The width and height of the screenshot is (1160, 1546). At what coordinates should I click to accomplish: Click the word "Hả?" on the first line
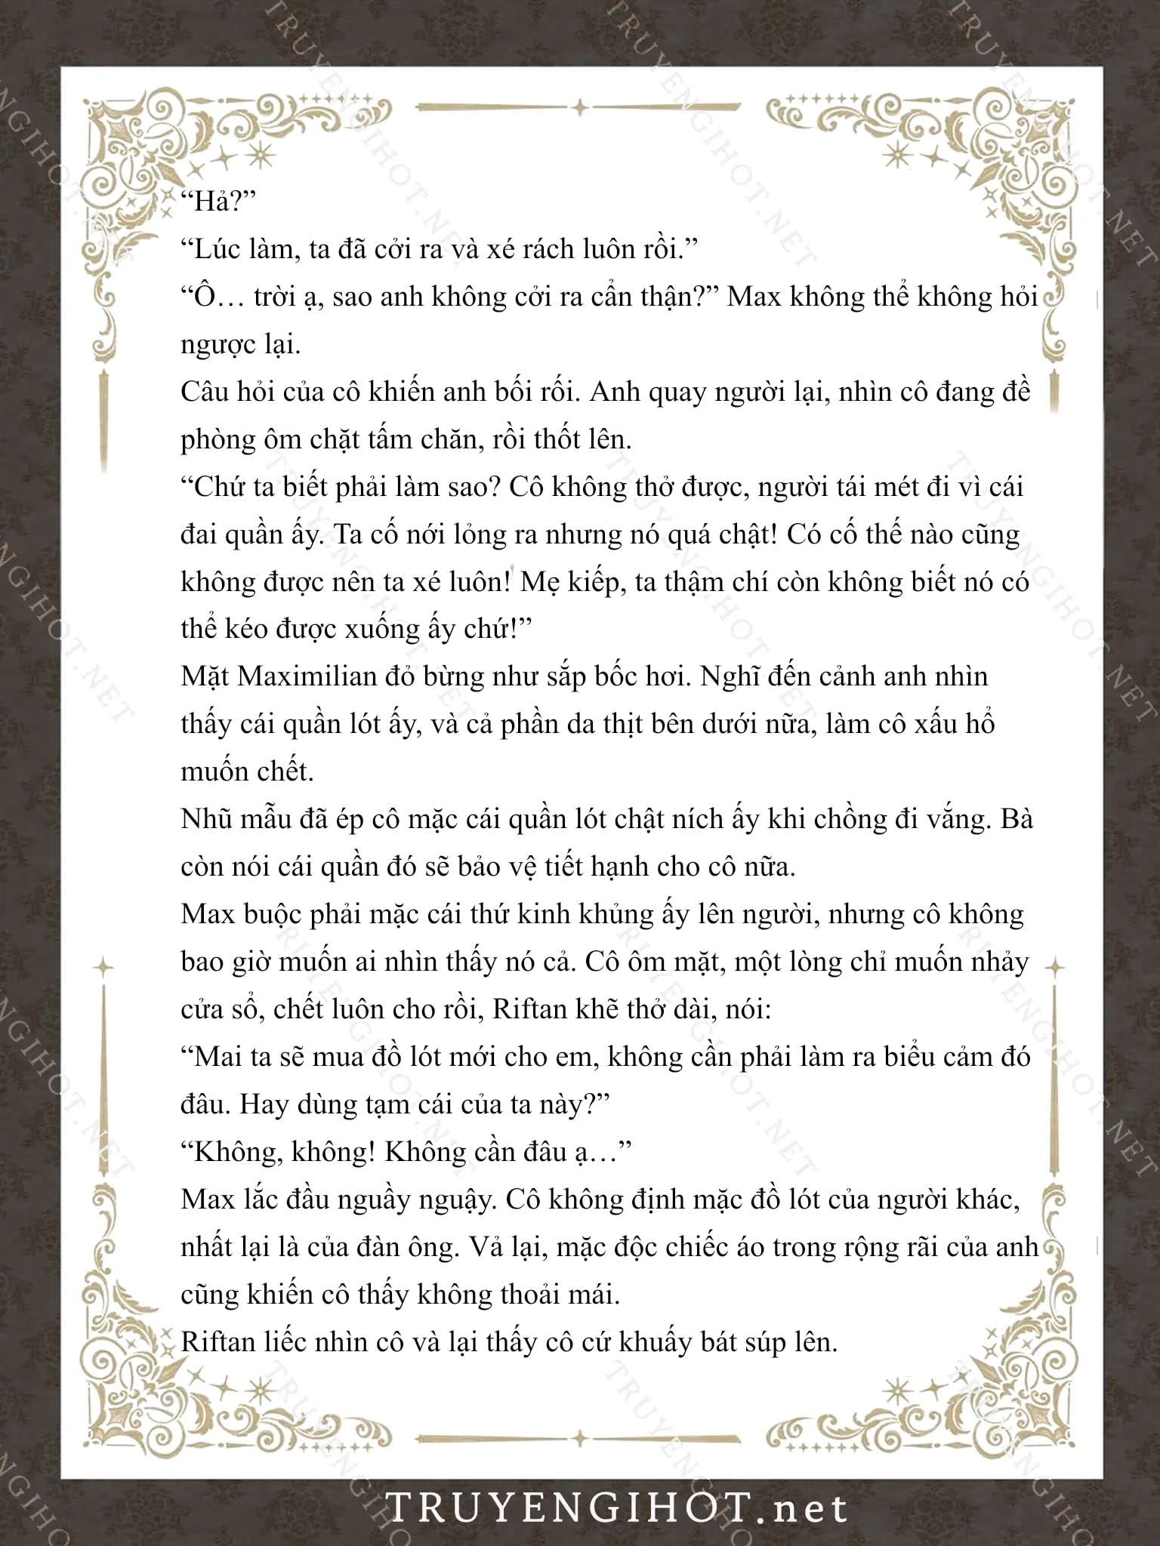coord(219,202)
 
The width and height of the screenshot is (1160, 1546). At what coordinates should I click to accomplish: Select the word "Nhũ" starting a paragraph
coord(206,820)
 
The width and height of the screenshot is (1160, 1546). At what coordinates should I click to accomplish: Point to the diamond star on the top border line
coord(579,108)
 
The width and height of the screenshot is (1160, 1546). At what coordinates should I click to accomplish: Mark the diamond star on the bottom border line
coord(579,1439)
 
